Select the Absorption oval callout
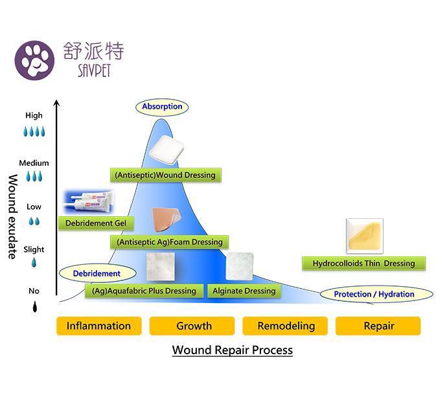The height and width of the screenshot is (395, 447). [162, 107]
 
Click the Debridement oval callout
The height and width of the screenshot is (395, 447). [97, 274]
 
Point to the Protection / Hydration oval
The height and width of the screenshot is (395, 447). [374, 294]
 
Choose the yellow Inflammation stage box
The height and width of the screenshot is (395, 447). [98, 326]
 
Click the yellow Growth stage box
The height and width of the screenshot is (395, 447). [194, 326]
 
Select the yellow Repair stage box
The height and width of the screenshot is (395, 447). [378, 326]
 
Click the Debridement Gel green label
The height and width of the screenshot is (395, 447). [96, 223]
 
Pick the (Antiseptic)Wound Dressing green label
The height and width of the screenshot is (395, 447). [165, 175]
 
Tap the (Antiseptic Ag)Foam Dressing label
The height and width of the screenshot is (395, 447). [169, 242]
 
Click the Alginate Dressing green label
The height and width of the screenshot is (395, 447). [244, 291]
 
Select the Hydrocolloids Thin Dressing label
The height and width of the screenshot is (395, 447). [363, 264]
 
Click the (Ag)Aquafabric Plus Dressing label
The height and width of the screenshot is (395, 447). [144, 291]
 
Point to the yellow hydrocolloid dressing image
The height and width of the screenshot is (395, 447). [364, 236]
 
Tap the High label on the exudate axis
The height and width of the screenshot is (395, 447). [34, 115]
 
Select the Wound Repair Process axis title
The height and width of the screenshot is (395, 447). [232, 350]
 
